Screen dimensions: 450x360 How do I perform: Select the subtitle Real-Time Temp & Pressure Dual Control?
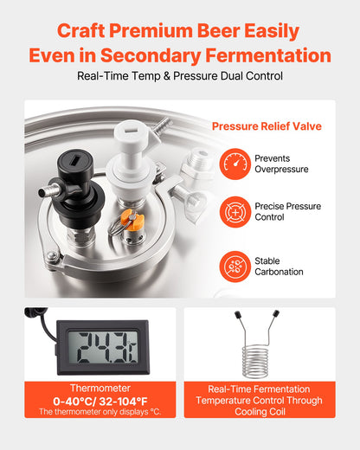click(180, 76)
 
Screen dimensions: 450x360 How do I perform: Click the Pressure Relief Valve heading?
click(267, 126)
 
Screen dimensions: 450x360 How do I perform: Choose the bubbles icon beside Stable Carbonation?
click(235, 266)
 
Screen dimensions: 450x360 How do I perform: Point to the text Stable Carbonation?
click(279, 266)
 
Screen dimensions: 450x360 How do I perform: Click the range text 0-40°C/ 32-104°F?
click(100, 402)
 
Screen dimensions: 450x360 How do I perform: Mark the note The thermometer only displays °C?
click(100, 412)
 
